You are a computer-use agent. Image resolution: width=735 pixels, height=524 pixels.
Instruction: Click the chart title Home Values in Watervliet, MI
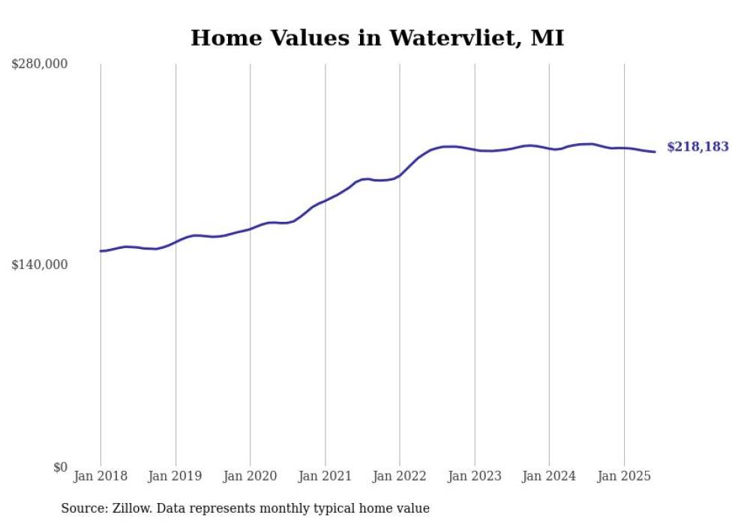376,37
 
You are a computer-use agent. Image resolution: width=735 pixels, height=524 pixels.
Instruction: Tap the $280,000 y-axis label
40,64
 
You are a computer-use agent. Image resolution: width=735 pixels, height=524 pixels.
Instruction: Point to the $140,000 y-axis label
40,265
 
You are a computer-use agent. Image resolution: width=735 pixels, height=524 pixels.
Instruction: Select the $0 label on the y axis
60,466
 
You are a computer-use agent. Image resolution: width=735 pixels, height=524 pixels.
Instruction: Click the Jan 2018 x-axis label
100,476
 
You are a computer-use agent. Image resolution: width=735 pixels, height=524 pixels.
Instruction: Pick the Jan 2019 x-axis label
175,476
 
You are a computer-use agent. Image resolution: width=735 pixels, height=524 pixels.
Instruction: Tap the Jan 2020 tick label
250,476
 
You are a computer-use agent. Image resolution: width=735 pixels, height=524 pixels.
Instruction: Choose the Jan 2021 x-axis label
325,476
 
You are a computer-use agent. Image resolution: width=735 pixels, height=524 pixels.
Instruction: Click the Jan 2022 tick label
400,476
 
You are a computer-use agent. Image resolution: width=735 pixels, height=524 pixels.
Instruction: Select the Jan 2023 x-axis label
475,476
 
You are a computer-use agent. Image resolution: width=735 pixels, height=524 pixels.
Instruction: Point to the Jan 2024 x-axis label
549,476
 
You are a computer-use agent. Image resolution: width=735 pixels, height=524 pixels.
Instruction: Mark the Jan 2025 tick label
624,476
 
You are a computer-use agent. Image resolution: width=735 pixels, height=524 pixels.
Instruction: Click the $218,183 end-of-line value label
697,148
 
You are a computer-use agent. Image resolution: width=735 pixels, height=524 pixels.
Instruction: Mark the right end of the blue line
655,152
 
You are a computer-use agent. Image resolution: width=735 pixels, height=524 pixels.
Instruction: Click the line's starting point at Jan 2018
100,251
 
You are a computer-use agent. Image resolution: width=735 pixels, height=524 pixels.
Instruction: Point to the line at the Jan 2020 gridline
250,229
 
